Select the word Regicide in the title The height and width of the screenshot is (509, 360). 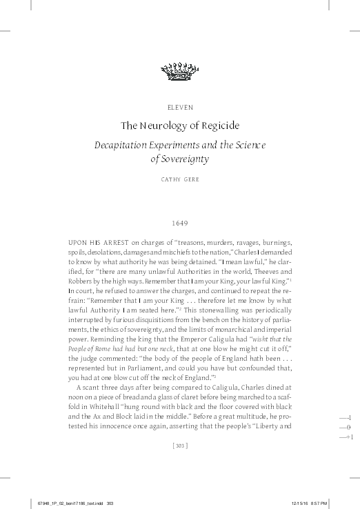click(220, 126)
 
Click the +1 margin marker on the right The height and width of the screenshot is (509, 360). click(348, 438)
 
